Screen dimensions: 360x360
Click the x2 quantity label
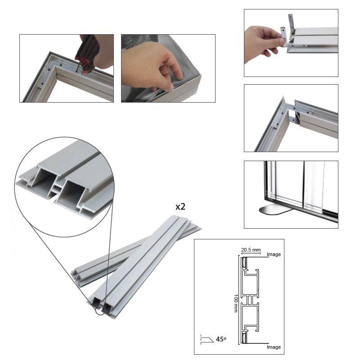point(180,207)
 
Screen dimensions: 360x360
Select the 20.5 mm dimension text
point(251,250)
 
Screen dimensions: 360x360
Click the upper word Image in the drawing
point(274,254)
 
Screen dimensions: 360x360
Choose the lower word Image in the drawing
point(274,347)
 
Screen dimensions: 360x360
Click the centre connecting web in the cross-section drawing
point(249,300)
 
